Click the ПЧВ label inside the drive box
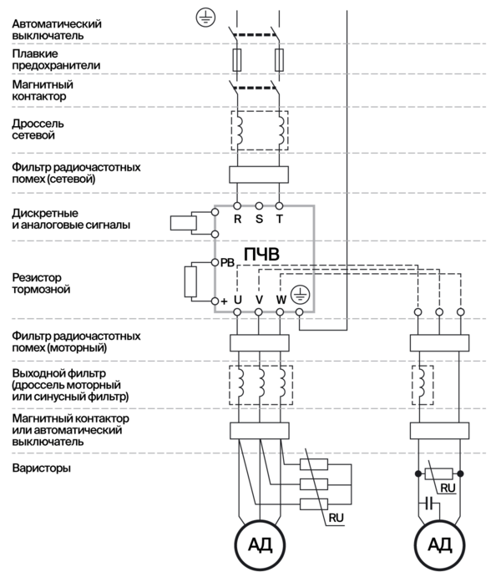click(262, 252)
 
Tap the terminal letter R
click(237, 219)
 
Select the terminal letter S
click(258, 219)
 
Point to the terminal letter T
click(279, 219)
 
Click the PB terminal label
click(226, 262)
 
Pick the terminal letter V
click(259, 299)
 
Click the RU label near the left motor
click(337, 519)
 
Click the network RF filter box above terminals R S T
click(258, 175)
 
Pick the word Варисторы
click(41, 468)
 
